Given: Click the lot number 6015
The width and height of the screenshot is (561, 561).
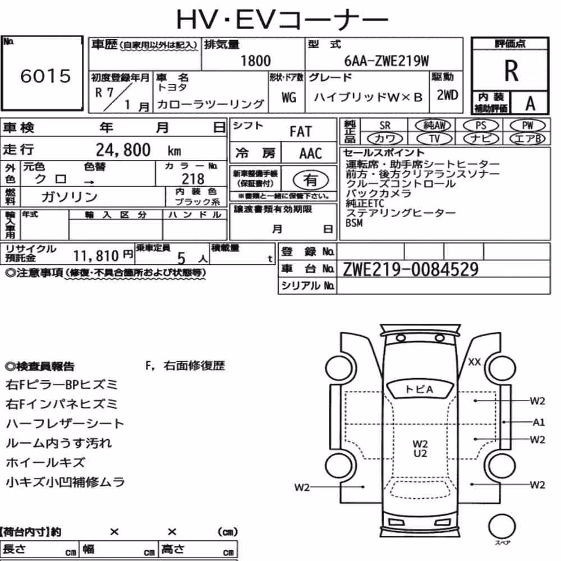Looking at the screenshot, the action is click(x=45, y=76).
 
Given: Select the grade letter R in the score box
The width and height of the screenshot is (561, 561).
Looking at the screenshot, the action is click(x=511, y=71).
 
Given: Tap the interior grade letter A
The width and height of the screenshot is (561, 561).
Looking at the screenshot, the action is click(x=530, y=104).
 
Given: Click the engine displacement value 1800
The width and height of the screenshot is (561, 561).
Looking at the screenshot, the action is click(x=255, y=61).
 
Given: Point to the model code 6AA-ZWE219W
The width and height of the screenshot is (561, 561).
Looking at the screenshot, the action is click(x=387, y=61).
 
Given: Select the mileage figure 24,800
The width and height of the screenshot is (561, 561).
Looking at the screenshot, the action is click(x=123, y=150).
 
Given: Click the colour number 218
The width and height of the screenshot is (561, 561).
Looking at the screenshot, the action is click(x=193, y=178).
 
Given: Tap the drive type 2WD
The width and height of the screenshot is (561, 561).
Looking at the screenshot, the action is click(x=447, y=95).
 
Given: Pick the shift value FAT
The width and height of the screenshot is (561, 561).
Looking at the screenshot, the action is click(x=301, y=132).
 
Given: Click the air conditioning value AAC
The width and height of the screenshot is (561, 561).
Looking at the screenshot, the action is click(x=310, y=154).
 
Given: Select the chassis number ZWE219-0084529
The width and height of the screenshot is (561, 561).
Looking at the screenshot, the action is click(x=411, y=269).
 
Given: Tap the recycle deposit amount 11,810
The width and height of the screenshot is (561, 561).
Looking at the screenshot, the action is click(x=96, y=256).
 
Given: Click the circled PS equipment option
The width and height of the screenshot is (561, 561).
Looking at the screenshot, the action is click(x=481, y=126).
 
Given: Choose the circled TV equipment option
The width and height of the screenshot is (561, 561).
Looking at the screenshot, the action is click(x=434, y=139).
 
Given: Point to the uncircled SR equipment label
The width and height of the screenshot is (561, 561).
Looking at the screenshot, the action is click(x=385, y=126).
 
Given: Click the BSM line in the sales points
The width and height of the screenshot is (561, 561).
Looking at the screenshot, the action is click(x=354, y=223).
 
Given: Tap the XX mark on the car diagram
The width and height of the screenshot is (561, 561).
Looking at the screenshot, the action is click(x=475, y=362).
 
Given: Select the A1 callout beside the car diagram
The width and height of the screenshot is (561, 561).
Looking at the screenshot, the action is click(x=539, y=422).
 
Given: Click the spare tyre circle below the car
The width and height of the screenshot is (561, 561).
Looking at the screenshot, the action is click(x=502, y=527).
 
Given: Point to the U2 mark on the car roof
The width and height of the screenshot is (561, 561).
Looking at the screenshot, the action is click(x=420, y=454).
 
